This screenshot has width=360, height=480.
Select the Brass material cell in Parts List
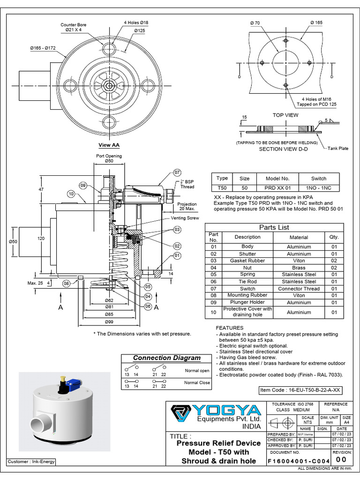click(x=299, y=268)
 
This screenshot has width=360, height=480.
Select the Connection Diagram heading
click(x=166, y=358)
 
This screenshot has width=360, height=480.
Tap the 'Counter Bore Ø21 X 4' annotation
click(x=73, y=27)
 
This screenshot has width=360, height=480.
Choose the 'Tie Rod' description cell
click(x=247, y=282)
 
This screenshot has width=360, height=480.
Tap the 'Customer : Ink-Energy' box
click(x=31, y=462)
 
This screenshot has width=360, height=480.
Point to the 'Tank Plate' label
click(x=338, y=149)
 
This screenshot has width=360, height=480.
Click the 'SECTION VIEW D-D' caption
click(x=285, y=149)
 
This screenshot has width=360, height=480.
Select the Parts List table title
click(x=274, y=227)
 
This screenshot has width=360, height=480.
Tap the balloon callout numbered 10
click(x=71, y=193)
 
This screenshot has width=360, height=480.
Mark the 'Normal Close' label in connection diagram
click(x=197, y=383)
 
